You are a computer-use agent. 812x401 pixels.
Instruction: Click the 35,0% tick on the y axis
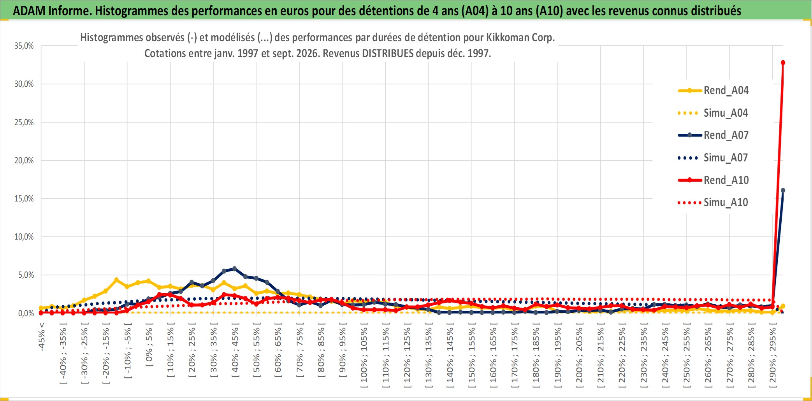click(24, 46)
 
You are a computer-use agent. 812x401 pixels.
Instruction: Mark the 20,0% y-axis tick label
click(24, 160)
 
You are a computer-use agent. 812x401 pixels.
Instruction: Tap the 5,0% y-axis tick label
click(26, 275)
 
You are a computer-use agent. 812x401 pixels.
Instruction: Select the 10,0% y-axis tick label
click(24, 237)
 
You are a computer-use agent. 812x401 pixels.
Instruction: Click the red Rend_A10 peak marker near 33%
click(783, 63)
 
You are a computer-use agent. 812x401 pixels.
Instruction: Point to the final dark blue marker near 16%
click(783, 191)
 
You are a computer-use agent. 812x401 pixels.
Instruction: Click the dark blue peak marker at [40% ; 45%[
click(234, 269)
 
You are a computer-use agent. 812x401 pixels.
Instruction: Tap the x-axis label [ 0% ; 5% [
click(149, 345)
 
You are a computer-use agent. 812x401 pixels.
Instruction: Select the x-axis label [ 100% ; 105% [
click(364, 355)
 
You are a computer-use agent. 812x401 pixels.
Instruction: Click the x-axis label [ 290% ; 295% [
click(773, 355)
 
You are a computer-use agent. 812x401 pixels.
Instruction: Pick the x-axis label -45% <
click(42, 337)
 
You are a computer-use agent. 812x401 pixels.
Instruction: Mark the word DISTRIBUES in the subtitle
click(388, 53)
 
